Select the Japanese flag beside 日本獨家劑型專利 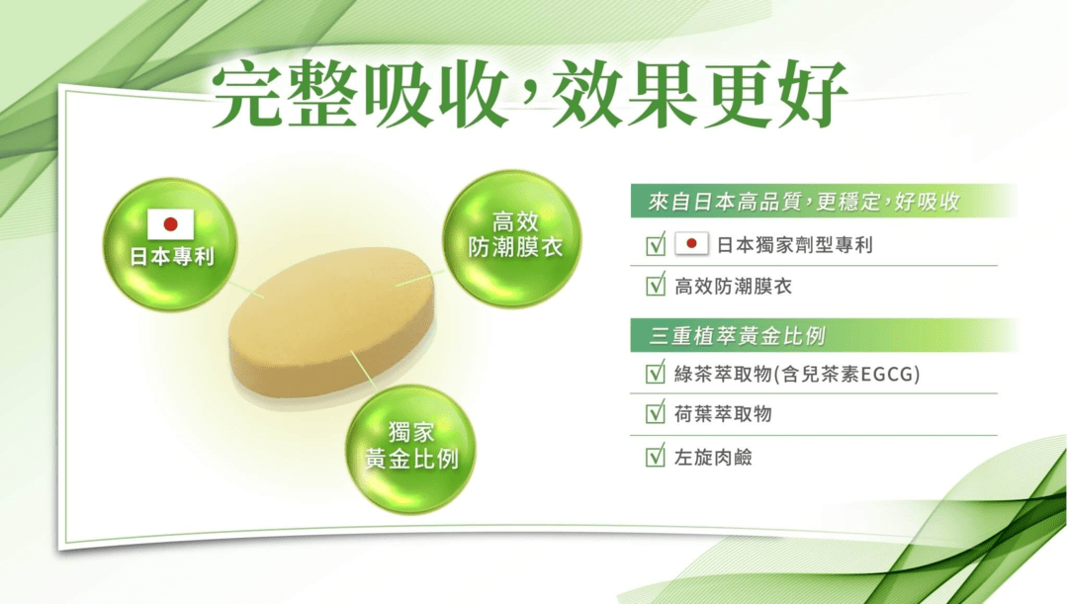[691, 244]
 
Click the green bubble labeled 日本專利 [170, 243]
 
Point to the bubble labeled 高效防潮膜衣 [514, 235]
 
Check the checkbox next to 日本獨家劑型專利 [655, 245]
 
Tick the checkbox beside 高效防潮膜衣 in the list [655, 287]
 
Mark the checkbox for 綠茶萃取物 [655, 374]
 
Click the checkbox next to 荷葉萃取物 [655, 414]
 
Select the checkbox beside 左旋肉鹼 [655, 457]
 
